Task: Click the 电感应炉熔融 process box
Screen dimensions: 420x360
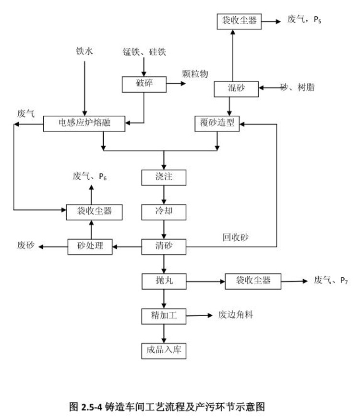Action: [x=84, y=124]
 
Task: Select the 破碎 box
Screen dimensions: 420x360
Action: [x=144, y=84]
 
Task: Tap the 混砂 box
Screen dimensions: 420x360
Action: [x=237, y=88]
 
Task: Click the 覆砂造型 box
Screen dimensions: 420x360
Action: [x=217, y=124]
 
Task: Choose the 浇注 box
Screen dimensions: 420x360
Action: [x=164, y=177]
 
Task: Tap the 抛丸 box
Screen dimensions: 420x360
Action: [x=164, y=281]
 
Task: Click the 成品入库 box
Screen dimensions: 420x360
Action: [x=164, y=350]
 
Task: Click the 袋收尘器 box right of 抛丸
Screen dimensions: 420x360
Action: [x=253, y=281]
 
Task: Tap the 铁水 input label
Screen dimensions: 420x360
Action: [x=84, y=51]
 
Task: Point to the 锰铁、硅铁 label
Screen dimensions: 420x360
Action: [x=144, y=51]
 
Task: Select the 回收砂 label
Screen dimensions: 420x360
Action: [x=235, y=237]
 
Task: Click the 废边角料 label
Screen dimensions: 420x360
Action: [x=236, y=315]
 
